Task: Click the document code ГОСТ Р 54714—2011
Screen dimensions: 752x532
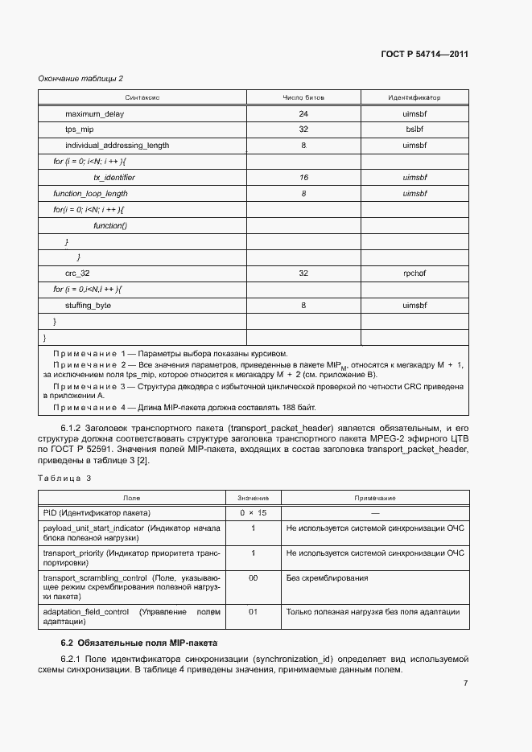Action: click(x=424, y=55)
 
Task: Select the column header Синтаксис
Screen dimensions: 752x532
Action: click(x=143, y=97)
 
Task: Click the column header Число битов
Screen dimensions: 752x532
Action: click(x=303, y=97)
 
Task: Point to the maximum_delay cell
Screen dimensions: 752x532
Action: click(x=94, y=114)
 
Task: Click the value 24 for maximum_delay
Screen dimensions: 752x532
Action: click(x=303, y=114)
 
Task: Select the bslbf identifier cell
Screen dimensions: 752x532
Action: click(x=414, y=129)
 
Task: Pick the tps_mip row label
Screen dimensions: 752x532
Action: click(x=80, y=129)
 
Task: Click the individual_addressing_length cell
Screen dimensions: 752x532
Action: click(x=117, y=146)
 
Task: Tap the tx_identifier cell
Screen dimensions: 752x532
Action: click(x=114, y=177)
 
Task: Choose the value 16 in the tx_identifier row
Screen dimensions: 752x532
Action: click(x=303, y=177)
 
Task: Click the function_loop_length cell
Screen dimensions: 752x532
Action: click(x=90, y=193)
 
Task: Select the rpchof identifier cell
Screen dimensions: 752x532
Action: click(x=414, y=273)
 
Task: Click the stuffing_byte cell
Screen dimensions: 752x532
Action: click(x=88, y=306)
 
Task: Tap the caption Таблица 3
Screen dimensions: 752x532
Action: click(x=65, y=479)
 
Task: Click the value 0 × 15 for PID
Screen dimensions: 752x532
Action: click(x=253, y=512)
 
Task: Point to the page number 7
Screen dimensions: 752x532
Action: click(x=465, y=684)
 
